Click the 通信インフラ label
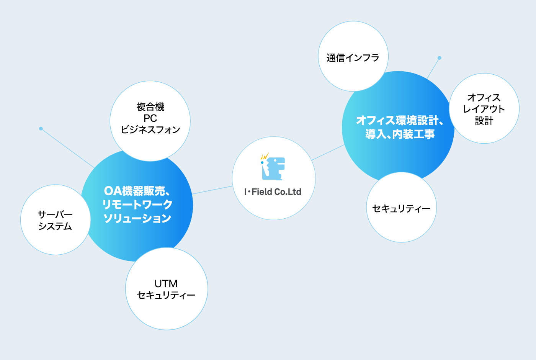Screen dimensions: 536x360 353,58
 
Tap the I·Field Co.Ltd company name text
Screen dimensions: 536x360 273,192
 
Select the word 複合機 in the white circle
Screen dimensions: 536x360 150,107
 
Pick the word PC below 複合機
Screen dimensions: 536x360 150,118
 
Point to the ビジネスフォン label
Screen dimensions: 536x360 150,129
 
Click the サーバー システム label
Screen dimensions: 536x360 55,220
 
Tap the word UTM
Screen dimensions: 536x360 166,284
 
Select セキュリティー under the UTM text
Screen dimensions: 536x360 166,295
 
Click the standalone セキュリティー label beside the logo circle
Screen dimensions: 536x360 402,208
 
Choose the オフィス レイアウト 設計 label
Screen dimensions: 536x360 484,109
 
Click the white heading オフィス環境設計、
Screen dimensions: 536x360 400,120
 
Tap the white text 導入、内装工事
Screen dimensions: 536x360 400,134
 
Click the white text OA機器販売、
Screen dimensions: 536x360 137,191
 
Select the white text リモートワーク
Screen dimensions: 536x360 137,205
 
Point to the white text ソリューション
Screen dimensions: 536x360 137,218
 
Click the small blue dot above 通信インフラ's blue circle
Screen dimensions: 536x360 440,58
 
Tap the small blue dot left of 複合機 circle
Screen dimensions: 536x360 41,129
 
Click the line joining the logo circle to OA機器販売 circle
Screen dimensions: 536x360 212,190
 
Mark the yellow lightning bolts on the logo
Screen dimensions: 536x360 265,156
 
